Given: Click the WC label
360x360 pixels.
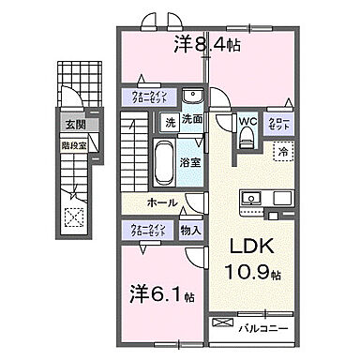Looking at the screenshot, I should tap(247, 120).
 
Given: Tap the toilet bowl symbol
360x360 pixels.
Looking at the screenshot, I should tap(247, 139).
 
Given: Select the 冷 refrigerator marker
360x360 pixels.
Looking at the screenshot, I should tap(280, 149).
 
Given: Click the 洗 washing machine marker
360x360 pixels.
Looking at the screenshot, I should tap(171, 121).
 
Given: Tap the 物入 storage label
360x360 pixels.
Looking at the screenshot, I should tap(188, 228).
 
